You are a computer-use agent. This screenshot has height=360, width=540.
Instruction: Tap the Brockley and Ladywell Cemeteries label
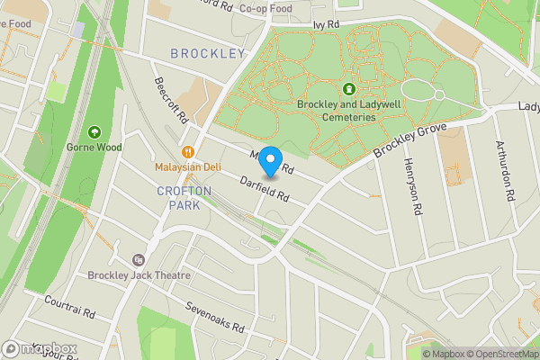(348, 110)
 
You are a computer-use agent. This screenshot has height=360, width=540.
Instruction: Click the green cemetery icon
(348, 89)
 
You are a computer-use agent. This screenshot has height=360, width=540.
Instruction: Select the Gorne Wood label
(94, 146)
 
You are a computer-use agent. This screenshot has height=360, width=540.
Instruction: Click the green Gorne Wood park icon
(95, 131)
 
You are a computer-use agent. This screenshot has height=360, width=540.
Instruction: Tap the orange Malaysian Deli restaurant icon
(188, 152)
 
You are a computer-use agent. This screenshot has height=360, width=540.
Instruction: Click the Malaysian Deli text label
(188, 166)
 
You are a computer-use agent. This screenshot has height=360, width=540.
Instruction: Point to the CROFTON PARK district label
(184, 198)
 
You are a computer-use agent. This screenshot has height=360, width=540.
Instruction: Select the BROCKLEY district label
(208, 54)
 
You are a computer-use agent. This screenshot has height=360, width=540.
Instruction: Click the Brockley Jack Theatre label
(139, 275)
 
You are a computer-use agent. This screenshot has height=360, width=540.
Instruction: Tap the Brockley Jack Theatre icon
(138, 259)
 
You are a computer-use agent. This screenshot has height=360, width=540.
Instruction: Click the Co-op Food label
(265, 9)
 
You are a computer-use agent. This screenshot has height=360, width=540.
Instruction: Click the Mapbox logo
(40, 348)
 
